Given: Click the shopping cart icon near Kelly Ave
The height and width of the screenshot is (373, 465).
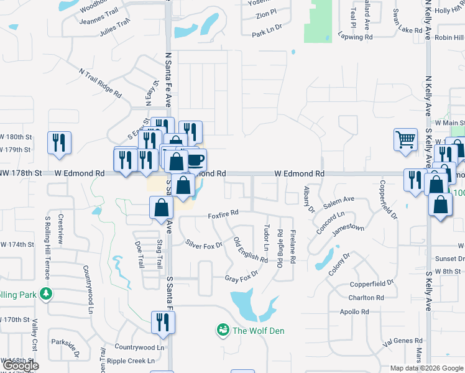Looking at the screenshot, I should click(405, 139).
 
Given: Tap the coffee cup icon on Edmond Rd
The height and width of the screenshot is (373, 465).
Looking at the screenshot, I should click(195, 160).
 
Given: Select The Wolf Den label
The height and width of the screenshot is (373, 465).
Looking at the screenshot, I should click(258, 331).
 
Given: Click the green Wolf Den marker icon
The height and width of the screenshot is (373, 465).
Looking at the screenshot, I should click(222, 330).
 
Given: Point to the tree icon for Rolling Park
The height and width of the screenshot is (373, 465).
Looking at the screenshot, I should click(45, 292).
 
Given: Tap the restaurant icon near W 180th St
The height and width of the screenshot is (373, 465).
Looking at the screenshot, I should click(60, 142).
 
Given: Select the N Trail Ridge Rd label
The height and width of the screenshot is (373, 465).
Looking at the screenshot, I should click(100, 82).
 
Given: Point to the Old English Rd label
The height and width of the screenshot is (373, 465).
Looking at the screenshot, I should click(246, 249).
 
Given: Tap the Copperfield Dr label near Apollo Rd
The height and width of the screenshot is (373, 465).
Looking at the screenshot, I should click(372, 283).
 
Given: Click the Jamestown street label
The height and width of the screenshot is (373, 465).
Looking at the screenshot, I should click(348, 228).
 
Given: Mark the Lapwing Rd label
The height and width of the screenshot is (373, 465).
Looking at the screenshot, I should click(355, 37).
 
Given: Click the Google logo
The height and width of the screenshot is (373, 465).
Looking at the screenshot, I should click(21, 366).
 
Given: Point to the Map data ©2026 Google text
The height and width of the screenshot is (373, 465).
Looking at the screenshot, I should click(426, 368).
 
